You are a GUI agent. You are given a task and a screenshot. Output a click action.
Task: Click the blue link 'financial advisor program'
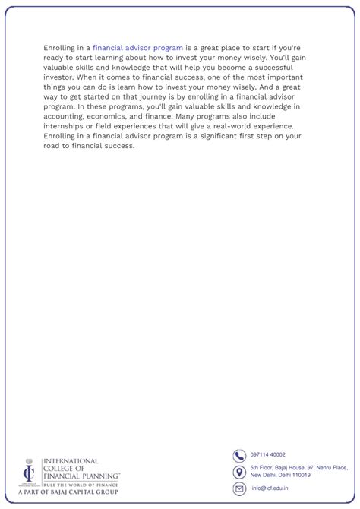coord(137,47)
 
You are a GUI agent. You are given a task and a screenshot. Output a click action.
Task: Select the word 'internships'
coord(65,126)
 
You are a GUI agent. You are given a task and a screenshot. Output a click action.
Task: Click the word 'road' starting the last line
coord(52,146)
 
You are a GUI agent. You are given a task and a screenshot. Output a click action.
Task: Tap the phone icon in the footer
coord(239,455)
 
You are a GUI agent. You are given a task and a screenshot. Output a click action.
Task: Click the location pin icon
coord(239,472)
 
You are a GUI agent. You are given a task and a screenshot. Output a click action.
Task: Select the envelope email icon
coord(239,488)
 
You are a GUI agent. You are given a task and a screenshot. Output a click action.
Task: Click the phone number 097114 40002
coord(268,455)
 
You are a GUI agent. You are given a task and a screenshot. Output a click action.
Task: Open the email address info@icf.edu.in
coord(270,488)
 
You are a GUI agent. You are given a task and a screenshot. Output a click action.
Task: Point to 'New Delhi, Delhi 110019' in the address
coord(281,475)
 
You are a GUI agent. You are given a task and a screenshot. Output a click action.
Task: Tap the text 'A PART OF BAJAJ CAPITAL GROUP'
coord(68,492)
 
